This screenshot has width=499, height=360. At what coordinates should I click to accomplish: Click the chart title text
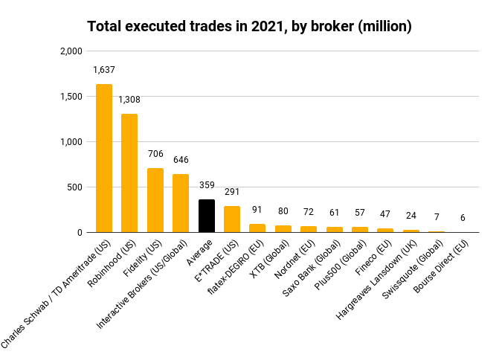249,27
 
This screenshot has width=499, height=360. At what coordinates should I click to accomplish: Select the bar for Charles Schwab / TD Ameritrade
104,158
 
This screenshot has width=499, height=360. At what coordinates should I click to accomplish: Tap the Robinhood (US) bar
129,173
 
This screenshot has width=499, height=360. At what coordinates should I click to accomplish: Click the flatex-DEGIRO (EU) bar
257,228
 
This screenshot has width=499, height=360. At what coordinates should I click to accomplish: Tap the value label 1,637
104,70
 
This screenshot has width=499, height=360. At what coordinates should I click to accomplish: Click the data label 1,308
129,100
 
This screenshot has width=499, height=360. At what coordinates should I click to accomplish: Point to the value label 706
155,154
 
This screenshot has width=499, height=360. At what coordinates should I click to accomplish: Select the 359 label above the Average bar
206,185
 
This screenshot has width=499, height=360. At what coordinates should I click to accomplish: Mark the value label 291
232,192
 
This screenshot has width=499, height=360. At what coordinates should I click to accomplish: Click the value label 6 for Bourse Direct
462,217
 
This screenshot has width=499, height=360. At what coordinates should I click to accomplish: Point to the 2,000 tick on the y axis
71,51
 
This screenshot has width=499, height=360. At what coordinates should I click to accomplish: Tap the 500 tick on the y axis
75,187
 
